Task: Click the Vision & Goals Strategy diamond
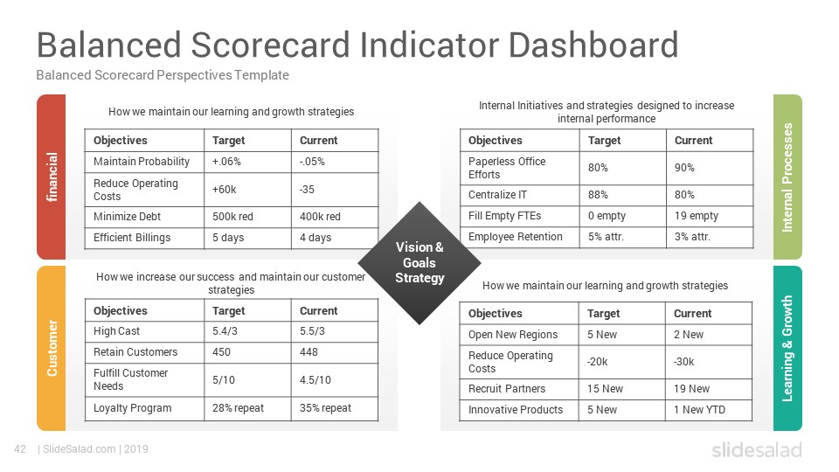419,263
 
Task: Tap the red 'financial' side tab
52,177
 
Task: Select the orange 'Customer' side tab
52,348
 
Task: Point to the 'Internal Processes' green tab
787,177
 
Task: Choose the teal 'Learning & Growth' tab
787,348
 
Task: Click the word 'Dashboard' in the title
593,45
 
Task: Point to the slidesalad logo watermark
757,449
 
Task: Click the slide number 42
20,449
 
